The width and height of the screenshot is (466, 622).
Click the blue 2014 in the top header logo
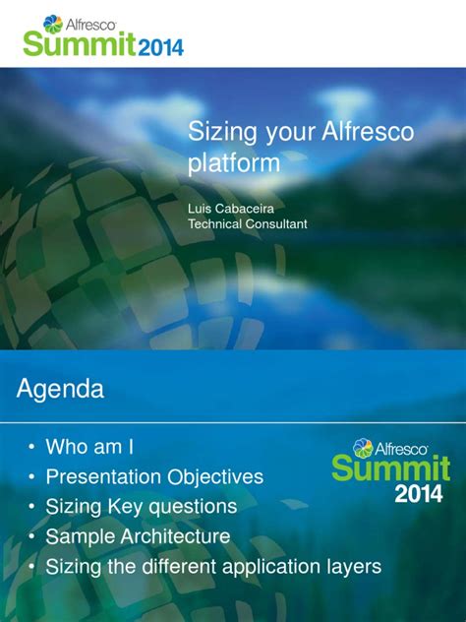[x=161, y=47]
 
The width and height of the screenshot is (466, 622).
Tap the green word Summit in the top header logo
[x=80, y=43]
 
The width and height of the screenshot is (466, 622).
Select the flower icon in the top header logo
[x=53, y=24]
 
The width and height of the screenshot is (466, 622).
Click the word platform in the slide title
[x=234, y=163]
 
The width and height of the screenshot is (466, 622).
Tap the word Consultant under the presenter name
[x=276, y=223]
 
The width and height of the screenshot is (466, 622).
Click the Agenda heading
[x=60, y=389]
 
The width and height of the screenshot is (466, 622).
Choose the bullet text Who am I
[x=89, y=447]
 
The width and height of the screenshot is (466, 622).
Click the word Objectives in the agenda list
[x=214, y=476]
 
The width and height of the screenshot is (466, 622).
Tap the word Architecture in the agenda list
[x=175, y=536]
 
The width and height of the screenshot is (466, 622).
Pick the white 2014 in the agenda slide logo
[x=419, y=494]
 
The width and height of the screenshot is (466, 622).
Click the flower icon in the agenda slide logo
[x=363, y=448]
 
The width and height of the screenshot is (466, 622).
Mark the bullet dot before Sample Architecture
[x=31, y=536]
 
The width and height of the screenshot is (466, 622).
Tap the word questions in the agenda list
[x=193, y=508]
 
